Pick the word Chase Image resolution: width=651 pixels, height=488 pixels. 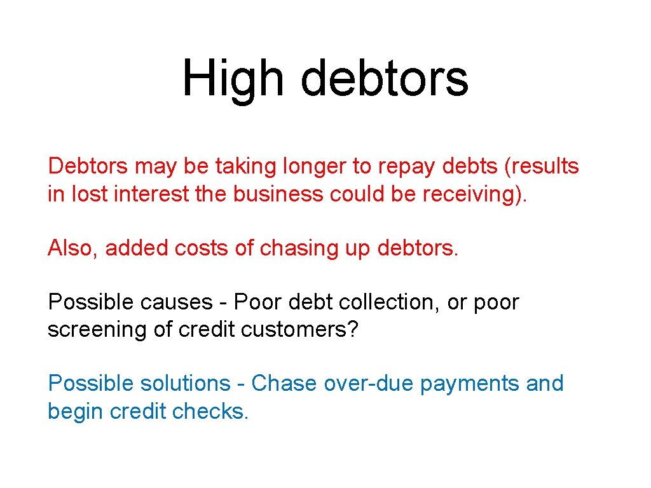point(284,384)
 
